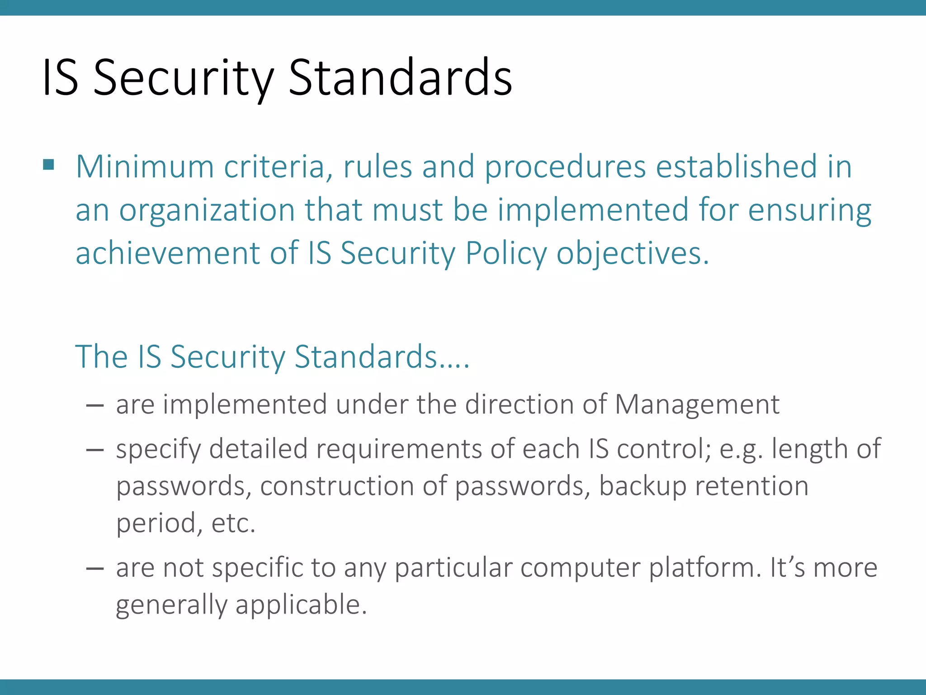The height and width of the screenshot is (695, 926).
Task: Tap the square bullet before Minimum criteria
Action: point(48,164)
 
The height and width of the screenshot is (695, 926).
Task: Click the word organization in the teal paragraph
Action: point(207,210)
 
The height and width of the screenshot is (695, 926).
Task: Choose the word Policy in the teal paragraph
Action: point(506,253)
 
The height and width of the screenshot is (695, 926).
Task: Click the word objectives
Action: point(633,253)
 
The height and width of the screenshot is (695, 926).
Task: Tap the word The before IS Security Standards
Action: point(101,357)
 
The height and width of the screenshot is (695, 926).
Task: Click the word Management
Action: point(697,405)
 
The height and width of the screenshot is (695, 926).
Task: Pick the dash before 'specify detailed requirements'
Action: point(95,449)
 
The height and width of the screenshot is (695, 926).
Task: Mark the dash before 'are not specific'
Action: point(95,568)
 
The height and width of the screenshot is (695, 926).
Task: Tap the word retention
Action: point(751,486)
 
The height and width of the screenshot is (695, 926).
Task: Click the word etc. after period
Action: point(233,524)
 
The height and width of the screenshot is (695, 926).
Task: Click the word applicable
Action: point(301,605)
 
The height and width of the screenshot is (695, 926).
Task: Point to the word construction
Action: point(337,486)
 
